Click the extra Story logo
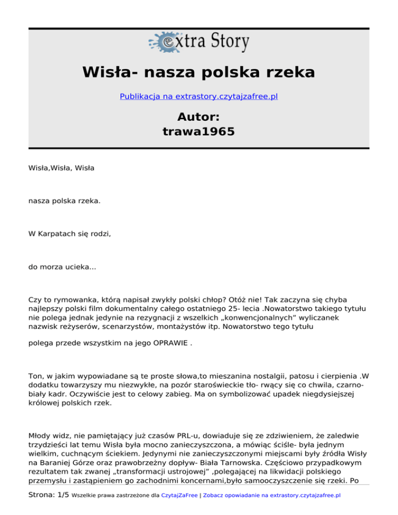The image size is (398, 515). (199, 43)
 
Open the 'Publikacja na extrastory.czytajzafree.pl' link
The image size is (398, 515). (199, 96)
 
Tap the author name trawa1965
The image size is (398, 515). (199, 132)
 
